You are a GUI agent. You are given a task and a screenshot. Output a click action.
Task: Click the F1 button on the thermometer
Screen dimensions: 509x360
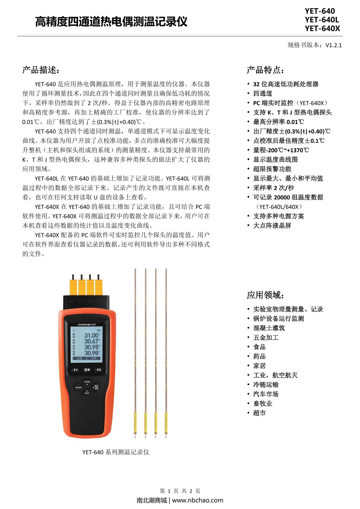[x=76, y=370]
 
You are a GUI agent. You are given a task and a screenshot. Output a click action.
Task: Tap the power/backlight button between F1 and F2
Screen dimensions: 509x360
[x=87, y=370]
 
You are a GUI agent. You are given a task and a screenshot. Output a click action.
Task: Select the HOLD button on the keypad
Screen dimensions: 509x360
[x=78, y=387]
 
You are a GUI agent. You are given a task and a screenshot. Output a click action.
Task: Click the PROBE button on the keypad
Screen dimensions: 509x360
[x=87, y=382]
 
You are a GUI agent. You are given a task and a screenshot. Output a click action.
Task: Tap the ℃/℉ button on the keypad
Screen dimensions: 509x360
[x=87, y=393]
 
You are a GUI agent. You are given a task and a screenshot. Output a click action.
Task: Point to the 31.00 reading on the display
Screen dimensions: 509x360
[x=91, y=335]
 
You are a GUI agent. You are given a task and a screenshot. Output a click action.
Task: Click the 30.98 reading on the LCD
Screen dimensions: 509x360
[x=91, y=353]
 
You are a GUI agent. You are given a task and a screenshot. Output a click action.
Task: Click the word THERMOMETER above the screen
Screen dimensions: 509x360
[x=86, y=325]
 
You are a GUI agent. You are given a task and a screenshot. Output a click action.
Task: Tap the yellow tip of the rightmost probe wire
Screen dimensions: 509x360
[x=166, y=423]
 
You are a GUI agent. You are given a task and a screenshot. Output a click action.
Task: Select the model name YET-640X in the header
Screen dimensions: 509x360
[x=322, y=28]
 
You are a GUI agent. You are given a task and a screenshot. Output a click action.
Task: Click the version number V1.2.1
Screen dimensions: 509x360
[x=334, y=45]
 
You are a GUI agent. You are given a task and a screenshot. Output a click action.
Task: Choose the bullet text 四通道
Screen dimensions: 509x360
[x=262, y=94]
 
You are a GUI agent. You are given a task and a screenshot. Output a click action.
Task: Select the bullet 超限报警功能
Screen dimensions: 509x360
[x=272, y=169]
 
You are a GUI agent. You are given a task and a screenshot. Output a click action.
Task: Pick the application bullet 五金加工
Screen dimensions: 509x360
[x=266, y=337]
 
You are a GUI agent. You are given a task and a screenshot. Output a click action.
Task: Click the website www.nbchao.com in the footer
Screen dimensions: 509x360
[x=197, y=500]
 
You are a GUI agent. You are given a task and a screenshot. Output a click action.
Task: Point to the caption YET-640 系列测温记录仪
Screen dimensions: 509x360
[x=115, y=452]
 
